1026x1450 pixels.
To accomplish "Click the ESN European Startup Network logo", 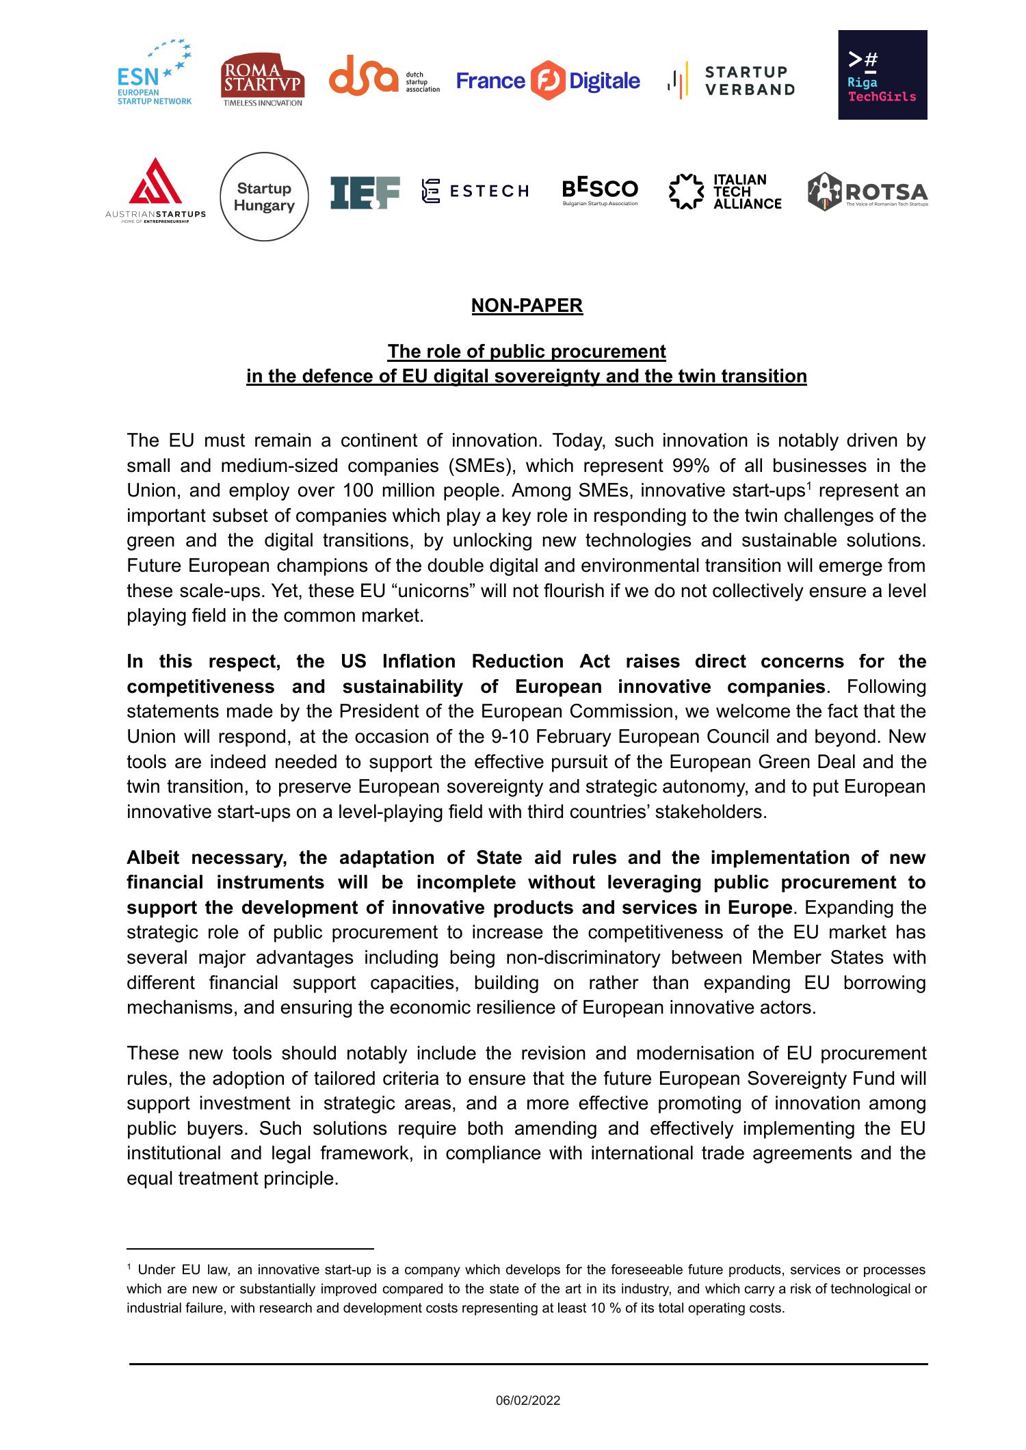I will (x=154, y=73).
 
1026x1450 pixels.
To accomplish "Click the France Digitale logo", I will (x=548, y=81).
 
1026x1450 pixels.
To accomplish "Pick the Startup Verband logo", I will (x=731, y=81).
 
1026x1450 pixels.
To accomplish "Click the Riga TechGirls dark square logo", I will (x=882, y=75).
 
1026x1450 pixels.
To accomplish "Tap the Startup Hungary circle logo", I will (x=264, y=197).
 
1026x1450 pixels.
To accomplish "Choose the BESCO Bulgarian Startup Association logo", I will (x=600, y=192).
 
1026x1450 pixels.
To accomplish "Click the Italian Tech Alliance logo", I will (x=725, y=192).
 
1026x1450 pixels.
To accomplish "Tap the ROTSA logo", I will (x=867, y=192).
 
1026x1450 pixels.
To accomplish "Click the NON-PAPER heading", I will (x=527, y=306).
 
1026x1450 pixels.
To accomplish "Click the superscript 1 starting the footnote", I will (x=129, y=1268).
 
